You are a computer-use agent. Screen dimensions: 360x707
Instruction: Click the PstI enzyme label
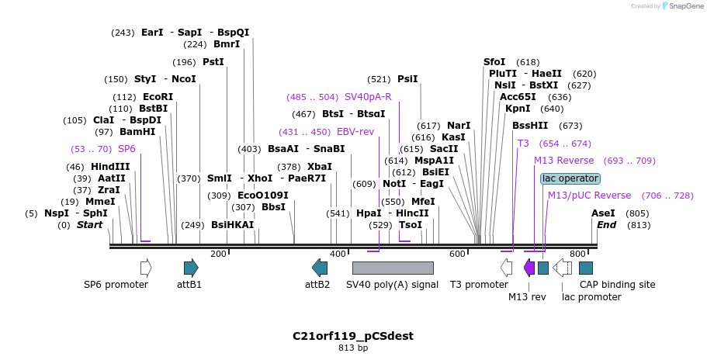[x=213, y=62]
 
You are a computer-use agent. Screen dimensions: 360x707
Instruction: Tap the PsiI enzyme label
[x=407, y=79]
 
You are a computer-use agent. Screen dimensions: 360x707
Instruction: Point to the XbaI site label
[x=320, y=167]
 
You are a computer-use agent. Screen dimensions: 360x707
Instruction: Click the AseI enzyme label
[x=603, y=213]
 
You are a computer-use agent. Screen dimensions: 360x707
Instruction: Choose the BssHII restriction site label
[x=535, y=126]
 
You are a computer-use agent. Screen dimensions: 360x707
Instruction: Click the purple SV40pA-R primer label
[x=368, y=97]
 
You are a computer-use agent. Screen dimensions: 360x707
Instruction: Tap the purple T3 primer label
[x=523, y=144]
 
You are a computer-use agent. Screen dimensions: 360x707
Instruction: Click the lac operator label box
[x=570, y=178]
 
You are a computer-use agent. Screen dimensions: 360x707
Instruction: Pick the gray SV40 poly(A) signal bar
[x=393, y=268]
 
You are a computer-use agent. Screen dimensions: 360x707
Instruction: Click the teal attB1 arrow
[x=191, y=268]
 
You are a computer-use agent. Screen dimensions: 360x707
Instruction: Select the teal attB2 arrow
[x=320, y=268]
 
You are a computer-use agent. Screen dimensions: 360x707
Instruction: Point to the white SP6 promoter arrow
[x=146, y=268]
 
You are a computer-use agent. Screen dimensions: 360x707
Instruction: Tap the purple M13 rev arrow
[x=529, y=268]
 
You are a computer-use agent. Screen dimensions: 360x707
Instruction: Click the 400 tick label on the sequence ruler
[x=338, y=254]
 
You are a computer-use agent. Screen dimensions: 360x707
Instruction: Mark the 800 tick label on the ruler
[x=577, y=254]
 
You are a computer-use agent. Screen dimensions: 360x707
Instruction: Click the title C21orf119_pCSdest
[x=353, y=336]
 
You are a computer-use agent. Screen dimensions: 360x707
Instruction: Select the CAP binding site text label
[x=618, y=285]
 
